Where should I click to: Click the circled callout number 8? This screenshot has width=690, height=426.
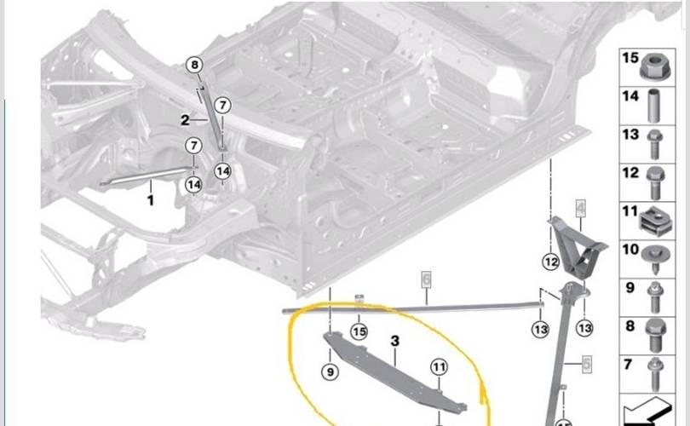194,65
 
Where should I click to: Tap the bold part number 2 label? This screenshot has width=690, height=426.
185,119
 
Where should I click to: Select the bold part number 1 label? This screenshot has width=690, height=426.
151,200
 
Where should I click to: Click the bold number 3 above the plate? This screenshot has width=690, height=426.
394,340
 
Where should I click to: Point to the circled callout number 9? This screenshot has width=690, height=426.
330,372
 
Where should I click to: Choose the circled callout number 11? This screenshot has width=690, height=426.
439,367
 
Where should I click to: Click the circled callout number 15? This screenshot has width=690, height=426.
359,331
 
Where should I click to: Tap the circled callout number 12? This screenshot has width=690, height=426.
551,262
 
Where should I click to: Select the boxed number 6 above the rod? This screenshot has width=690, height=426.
426,279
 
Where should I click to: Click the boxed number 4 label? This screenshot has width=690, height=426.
581,208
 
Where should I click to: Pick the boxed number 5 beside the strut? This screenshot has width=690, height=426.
587,365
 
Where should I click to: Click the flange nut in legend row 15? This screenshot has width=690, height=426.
655,66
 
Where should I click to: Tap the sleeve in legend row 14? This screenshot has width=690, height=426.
654,106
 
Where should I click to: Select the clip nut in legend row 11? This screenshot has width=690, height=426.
656,222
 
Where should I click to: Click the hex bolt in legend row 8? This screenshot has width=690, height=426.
656,336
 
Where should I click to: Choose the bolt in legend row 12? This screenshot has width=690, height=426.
656,182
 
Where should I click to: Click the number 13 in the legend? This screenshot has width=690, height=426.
630,135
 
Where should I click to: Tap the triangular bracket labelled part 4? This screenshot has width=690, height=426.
577,248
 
